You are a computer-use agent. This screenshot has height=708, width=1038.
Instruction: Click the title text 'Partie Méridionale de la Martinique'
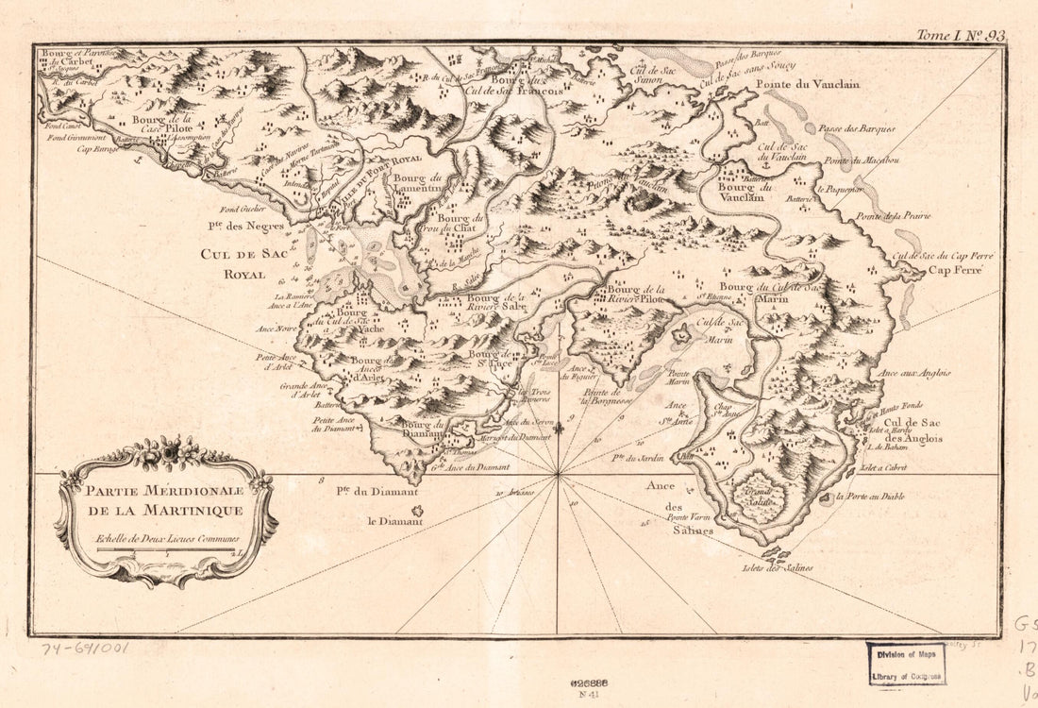(x=165, y=500)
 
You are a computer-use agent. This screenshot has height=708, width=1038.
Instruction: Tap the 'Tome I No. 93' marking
(x=961, y=36)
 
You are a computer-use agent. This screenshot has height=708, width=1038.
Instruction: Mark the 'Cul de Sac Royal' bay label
(x=233, y=265)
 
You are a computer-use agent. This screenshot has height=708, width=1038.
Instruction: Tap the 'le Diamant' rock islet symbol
(x=416, y=512)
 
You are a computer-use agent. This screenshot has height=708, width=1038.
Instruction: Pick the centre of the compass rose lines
(x=559, y=475)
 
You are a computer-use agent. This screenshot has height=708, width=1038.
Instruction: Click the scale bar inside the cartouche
(x=166, y=550)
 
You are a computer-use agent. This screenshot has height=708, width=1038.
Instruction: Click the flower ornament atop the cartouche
(x=166, y=452)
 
